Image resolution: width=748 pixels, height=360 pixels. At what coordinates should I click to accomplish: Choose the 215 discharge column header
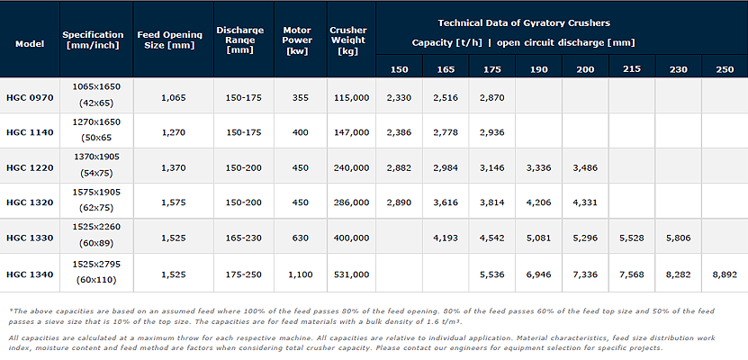631,69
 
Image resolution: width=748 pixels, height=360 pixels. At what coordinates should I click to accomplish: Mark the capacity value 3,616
446,202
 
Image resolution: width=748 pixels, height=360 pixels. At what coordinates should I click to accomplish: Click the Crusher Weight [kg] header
348,41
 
